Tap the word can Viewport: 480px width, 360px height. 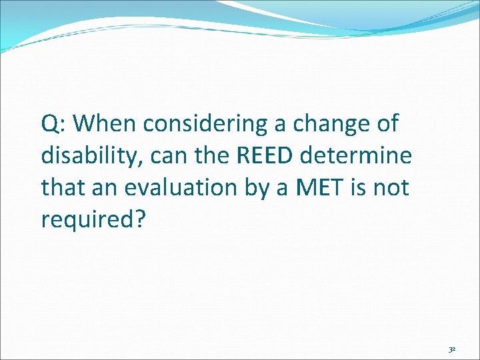tap(167, 157)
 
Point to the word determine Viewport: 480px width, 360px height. tap(357, 156)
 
